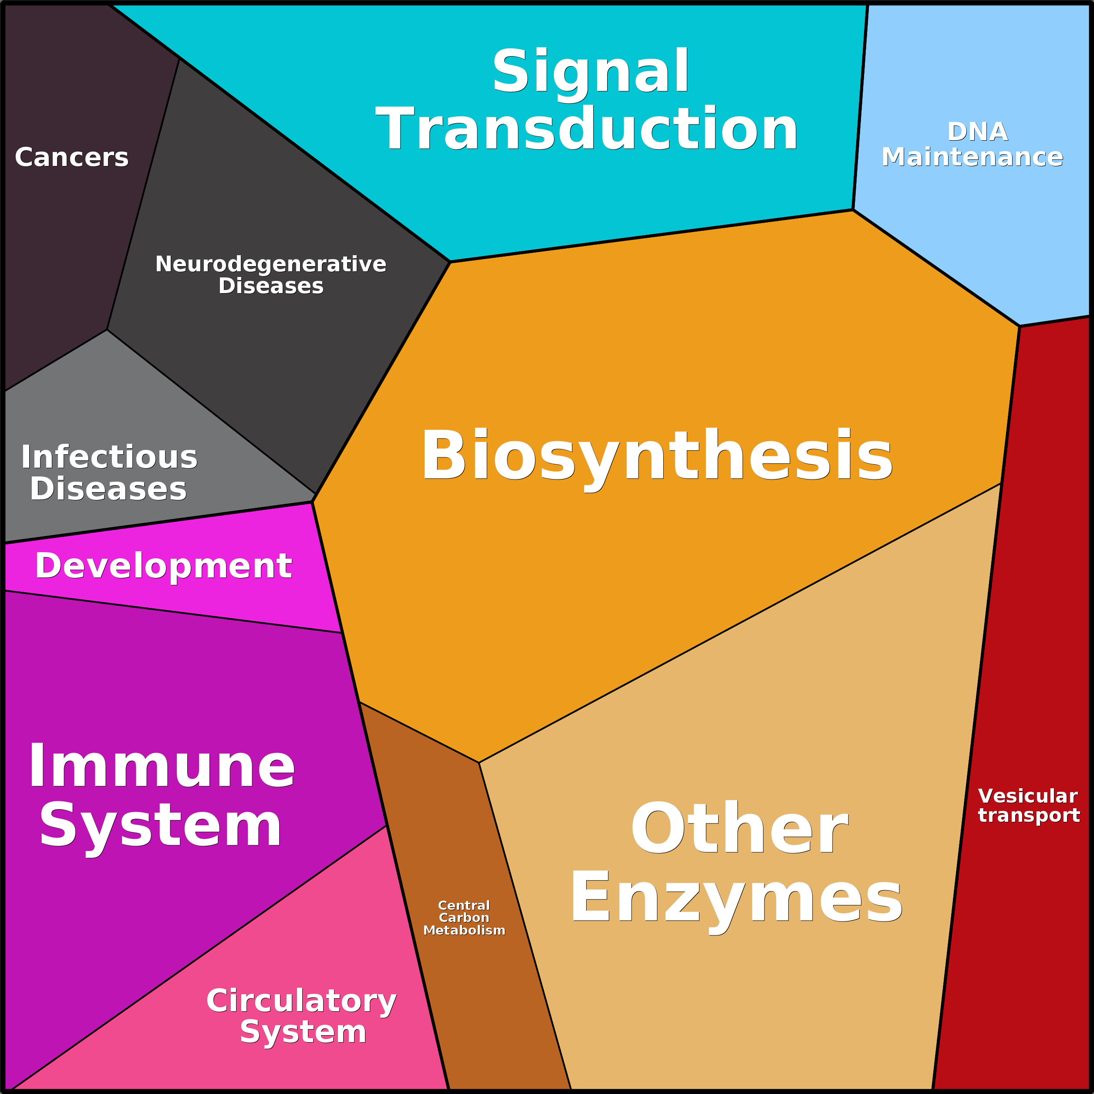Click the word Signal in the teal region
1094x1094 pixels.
[591, 72]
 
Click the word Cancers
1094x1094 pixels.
[72, 157]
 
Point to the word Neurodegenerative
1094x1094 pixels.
[270, 264]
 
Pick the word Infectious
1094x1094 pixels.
[109, 458]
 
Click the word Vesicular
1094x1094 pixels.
[1028, 796]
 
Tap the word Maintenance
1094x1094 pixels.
[972, 157]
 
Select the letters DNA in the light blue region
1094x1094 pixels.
[978, 132]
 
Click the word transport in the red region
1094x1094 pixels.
[1029, 815]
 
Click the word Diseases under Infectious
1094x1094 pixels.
[108, 489]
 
